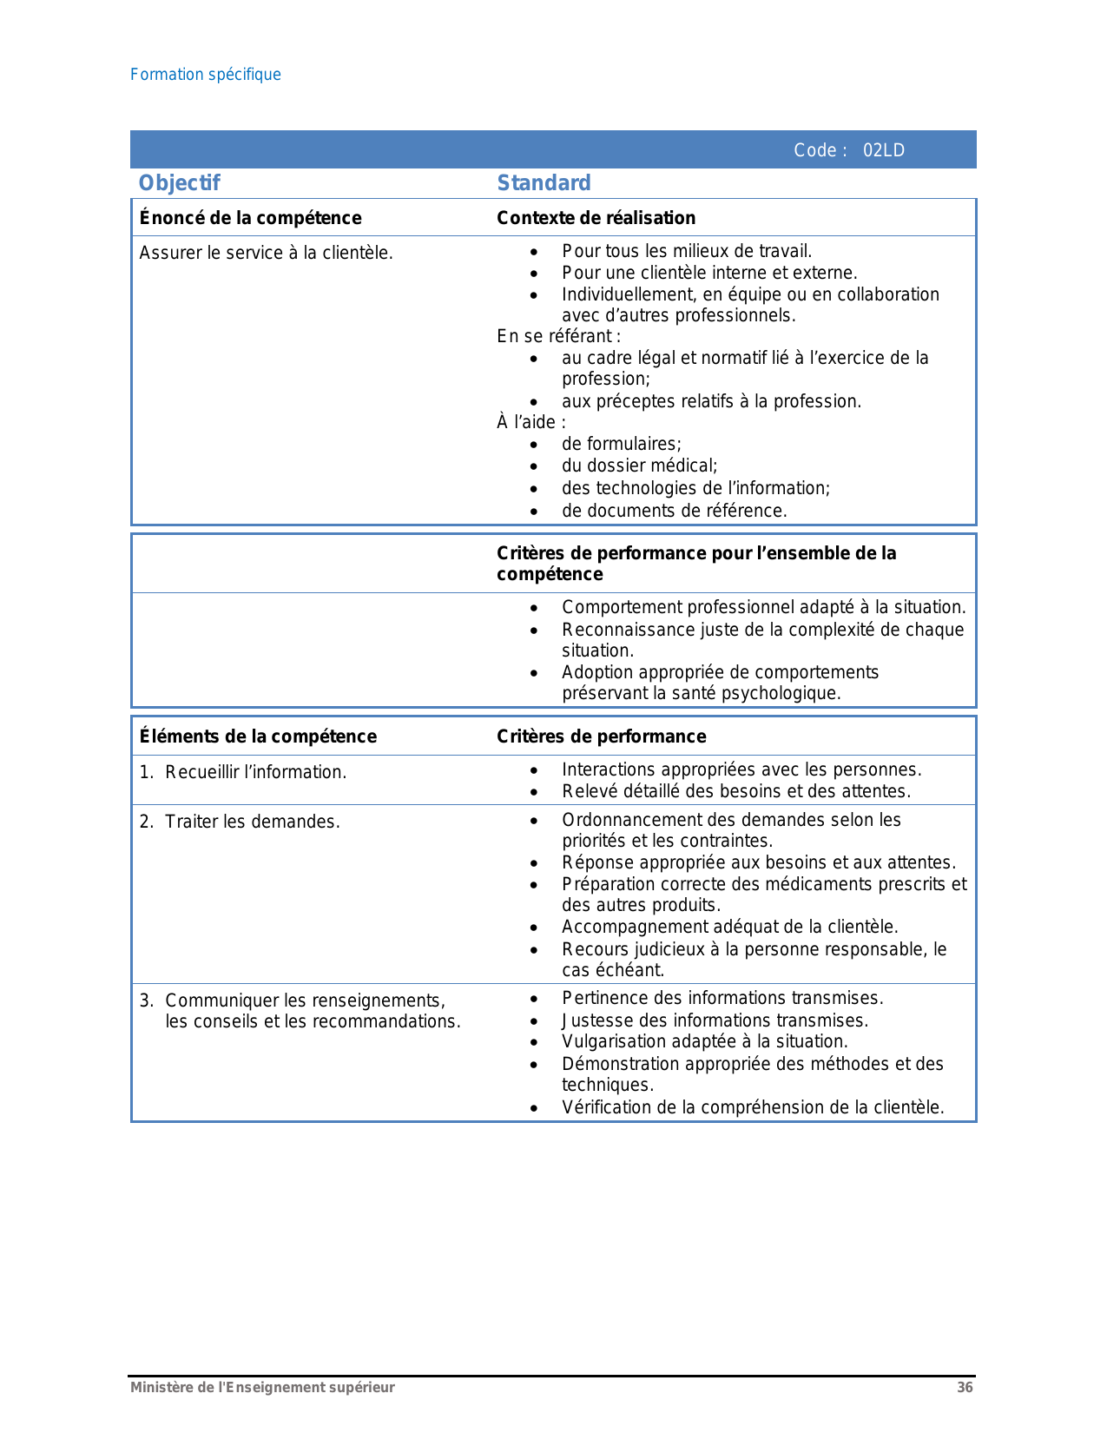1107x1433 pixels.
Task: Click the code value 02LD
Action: (x=883, y=150)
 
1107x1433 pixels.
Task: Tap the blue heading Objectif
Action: (x=180, y=183)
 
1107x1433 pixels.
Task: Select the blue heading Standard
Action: (x=544, y=183)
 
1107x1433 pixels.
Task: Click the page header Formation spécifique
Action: (x=206, y=75)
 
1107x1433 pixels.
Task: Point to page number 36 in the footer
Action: (x=965, y=1388)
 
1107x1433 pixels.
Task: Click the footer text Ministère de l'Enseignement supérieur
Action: (x=262, y=1388)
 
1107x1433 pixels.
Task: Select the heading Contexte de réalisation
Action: (x=596, y=218)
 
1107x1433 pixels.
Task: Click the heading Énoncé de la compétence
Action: (x=250, y=218)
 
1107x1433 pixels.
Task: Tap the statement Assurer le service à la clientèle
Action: (x=266, y=253)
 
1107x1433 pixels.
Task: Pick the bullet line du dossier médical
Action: (x=639, y=466)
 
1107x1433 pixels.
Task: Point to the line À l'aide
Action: (x=531, y=422)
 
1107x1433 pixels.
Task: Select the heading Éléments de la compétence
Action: (x=258, y=736)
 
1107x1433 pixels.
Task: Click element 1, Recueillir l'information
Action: (x=255, y=772)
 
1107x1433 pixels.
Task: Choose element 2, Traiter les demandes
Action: (x=252, y=822)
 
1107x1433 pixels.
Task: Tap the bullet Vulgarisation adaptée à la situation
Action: (x=704, y=1041)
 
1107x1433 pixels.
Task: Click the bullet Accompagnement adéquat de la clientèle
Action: (x=729, y=927)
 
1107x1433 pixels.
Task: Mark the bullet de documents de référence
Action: (x=674, y=511)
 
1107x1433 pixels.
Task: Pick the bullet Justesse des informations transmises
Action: (x=715, y=1020)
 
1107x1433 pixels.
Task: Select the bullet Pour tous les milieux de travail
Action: (x=686, y=251)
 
